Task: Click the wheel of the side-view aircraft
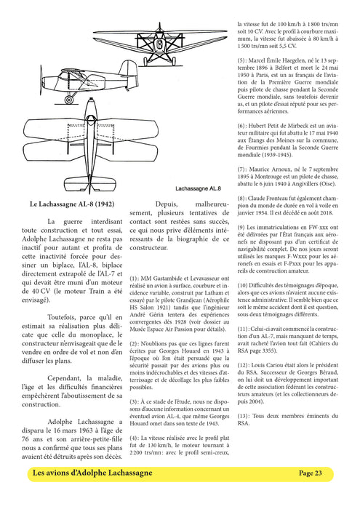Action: [x=70, y=97]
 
